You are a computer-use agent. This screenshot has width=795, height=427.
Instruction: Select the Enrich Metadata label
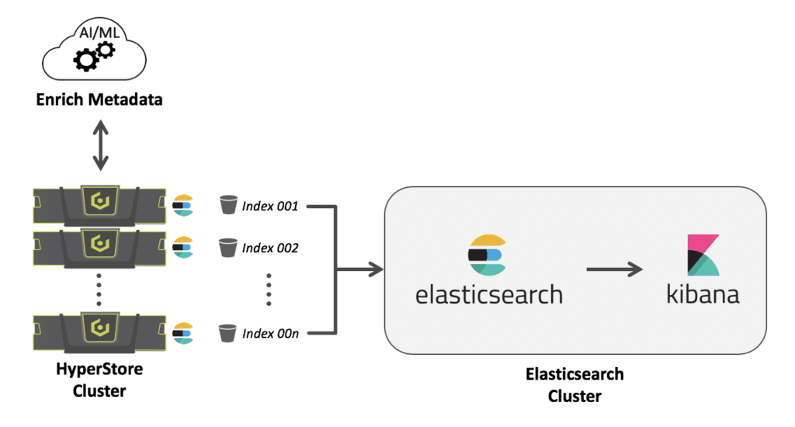(x=100, y=99)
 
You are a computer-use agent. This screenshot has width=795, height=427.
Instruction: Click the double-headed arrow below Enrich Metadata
(x=100, y=146)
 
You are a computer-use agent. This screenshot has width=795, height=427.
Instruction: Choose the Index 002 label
(x=270, y=248)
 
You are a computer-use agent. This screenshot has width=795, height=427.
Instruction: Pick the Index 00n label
(x=270, y=334)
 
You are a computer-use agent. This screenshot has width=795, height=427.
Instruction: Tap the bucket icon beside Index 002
(x=227, y=248)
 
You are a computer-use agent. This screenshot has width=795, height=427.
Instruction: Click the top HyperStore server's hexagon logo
(x=100, y=203)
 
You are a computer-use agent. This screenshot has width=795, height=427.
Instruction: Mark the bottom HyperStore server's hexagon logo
(x=100, y=327)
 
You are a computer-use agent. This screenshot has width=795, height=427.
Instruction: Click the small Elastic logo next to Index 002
(x=182, y=247)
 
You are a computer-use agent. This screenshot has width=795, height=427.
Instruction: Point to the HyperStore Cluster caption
(x=100, y=380)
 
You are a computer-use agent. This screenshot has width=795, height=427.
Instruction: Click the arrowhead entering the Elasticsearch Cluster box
(x=377, y=269)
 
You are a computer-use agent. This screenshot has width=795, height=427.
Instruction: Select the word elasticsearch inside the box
(x=488, y=295)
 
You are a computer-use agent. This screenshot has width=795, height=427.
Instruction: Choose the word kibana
(x=702, y=295)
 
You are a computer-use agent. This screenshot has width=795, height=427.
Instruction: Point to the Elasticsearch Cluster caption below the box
(x=574, y=385)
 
